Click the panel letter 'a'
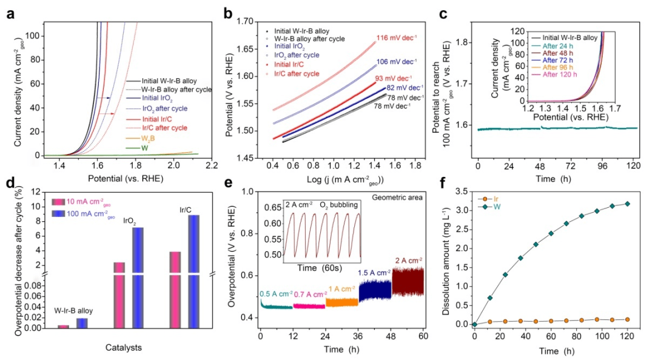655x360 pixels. click(10, 14)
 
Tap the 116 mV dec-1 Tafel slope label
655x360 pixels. click(397, 38)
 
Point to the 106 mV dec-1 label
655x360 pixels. click(397, 62)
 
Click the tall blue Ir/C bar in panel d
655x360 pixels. click(193, 271)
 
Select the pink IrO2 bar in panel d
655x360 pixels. click(119, 295)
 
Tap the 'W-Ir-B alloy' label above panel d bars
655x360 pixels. click(73, 311)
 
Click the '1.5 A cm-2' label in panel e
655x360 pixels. click(374, 273)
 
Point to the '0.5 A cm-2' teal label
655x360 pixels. click(276, 294)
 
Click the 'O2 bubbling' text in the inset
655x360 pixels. click(339, 205)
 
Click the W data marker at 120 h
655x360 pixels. click(628, 204)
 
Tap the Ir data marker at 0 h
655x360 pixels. click(474, 324)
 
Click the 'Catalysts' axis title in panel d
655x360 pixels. click(123, 347)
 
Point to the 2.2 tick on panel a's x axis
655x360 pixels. click(212, 165)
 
